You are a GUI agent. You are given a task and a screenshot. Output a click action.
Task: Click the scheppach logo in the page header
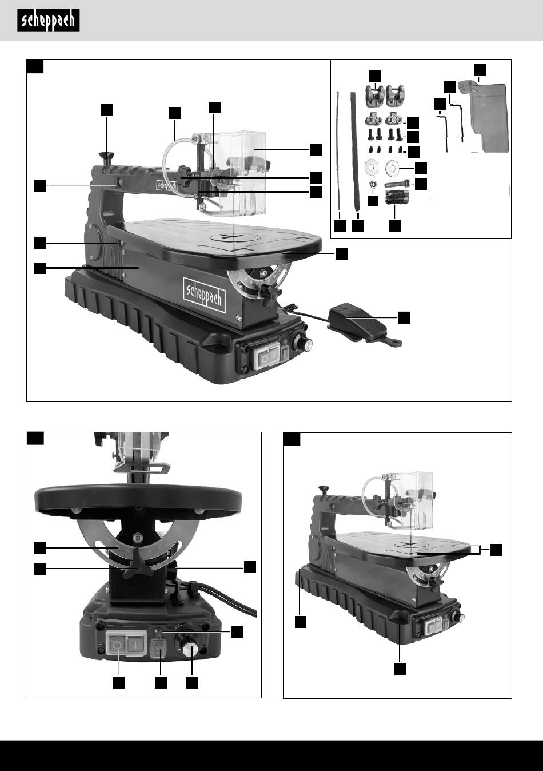coord(48,21)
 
